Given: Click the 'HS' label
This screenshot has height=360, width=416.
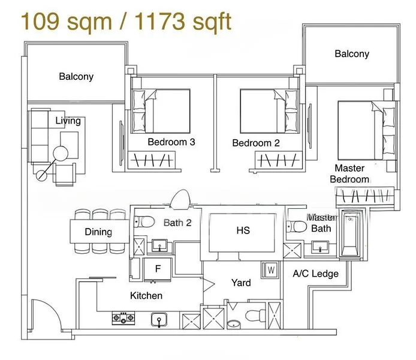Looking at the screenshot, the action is coord(243,230).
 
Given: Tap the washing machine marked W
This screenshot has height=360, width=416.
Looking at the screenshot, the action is coord(270,270).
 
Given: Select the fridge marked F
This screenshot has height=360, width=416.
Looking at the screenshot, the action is coord(158,269).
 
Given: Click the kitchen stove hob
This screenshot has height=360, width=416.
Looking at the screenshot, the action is coord(123,318).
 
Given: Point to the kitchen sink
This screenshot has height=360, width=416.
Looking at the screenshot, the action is coord(159,320).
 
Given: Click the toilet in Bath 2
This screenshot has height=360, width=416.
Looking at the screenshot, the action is coord(144,221).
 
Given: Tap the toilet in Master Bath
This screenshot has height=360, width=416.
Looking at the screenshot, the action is coord(297,226).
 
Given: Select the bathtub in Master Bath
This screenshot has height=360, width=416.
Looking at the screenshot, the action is coord(350,233).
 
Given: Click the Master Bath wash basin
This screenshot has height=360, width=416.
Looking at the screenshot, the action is coord(320,247).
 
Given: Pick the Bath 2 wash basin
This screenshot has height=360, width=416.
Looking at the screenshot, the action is coord(159,245).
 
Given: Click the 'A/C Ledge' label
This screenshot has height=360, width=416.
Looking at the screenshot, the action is coord(315,274).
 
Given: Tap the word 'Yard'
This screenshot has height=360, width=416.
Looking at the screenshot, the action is coord(241,283).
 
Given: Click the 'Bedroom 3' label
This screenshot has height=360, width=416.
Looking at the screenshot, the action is coord(171,142).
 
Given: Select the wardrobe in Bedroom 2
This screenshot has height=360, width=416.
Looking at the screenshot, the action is coord(278,160).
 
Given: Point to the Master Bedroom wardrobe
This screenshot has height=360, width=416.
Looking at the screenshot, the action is coord(365,196).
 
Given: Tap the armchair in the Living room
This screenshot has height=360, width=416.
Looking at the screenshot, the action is coord(65,174).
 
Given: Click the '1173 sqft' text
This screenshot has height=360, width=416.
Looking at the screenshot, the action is coord(183,21).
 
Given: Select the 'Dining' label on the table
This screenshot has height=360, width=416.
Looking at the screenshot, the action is coord(98,232).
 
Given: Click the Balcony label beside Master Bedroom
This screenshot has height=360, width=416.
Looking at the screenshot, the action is coord(352,53).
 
